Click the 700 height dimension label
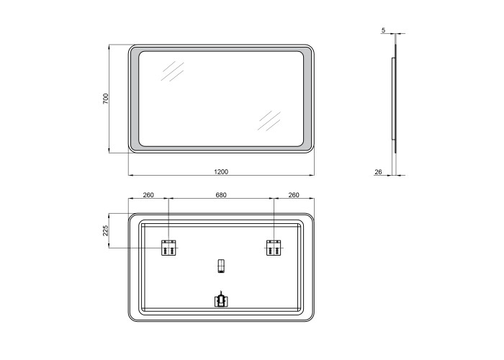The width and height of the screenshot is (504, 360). pyautogui.click(x=106, y=99)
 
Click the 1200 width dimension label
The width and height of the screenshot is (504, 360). pyautogui.click(x=221, y=172)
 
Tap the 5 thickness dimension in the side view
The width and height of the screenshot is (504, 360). pyautogui.click(x=383, y=30)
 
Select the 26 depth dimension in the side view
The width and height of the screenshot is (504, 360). pyautogui.click(x=378, y=172)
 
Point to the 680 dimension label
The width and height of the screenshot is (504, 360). pyautogui.click(x=221, y=195)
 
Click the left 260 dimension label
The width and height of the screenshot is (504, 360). pyautogui.click(x=148, y=195)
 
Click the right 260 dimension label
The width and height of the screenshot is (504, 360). pyautogui.click(x=294, y=195)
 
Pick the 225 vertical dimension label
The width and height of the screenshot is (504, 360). pyautogui.click(x=106, y=230)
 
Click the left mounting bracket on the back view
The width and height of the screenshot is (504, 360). pyautogui.click(x=168, y=248)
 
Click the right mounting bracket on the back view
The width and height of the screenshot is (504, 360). pyautogui.click(x=274, y=248)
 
